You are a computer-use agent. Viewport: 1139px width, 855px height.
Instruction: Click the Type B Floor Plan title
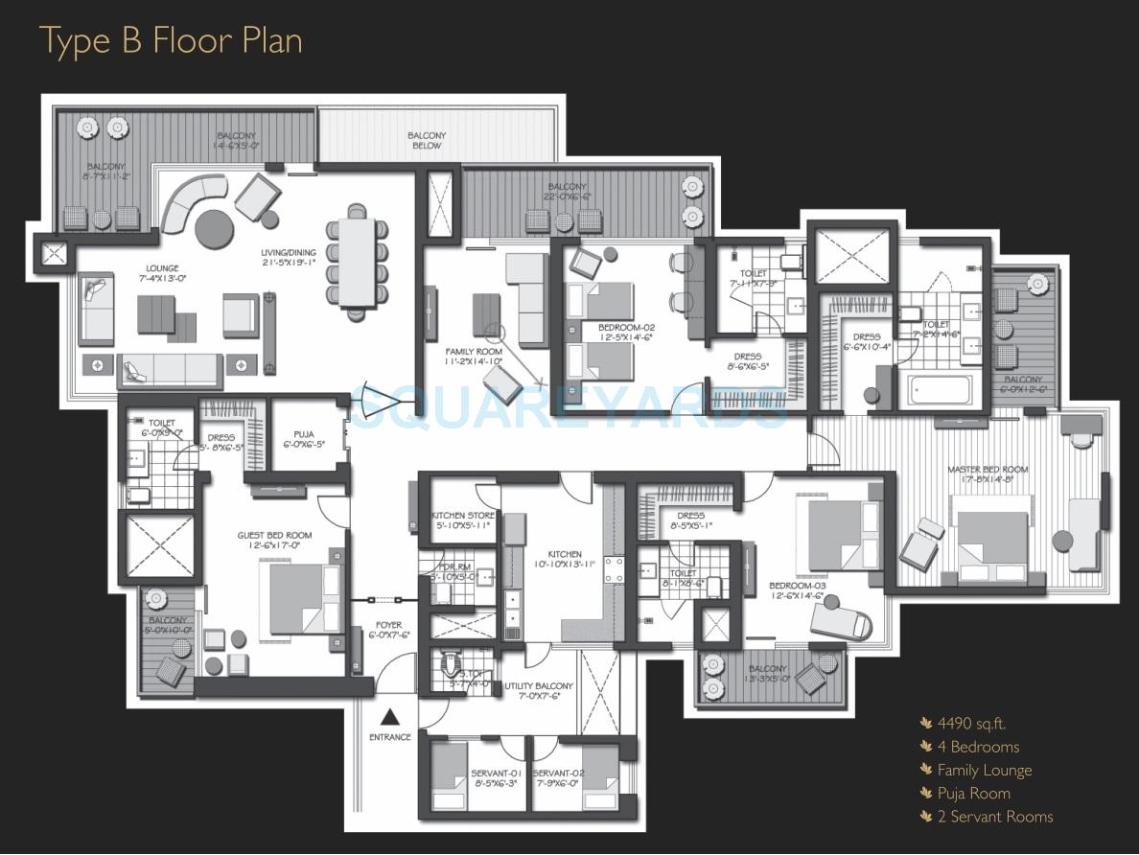pyautogui.click(x=171, y=41)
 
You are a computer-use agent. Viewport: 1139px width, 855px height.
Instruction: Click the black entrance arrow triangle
pyautogui.click(x=390, y=716)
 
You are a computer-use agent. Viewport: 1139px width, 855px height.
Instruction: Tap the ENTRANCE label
pyautogui.click(x=390, y=737)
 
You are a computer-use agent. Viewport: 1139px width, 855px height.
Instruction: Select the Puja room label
pyautogui.click(x=304, y=438)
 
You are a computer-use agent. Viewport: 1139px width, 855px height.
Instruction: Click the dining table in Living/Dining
pyautogui.click(x=358, y=262)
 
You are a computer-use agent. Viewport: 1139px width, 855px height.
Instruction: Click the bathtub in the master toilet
pyautogui.click(x=940, y=388)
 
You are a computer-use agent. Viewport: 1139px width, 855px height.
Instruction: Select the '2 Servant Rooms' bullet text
pyautogui.click(x=994, y=817)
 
